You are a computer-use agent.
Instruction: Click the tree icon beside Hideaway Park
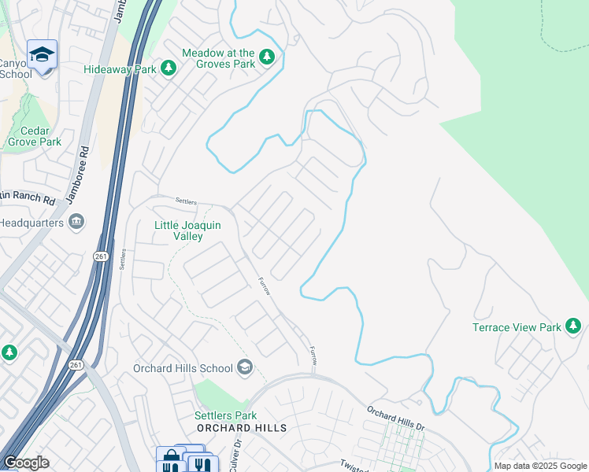click(x=168, y=69)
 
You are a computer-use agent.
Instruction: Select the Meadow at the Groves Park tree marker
click(x=267, y=57)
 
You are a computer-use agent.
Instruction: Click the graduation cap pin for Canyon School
click(x=41, y=54)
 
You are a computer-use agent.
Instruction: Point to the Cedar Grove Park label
click(x=35, y=136)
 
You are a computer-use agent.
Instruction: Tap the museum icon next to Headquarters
click(x=76, y=222)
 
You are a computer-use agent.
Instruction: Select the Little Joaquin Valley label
click(x=188, y=230)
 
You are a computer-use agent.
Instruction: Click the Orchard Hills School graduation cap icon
click(x=245, y=367)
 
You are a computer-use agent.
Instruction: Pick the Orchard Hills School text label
click(x=183, y=368)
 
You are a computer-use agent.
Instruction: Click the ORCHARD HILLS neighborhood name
click(x=241, y=428)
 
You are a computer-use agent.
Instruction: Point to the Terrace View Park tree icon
click(x=573, y=326)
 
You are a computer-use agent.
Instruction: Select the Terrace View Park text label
click(x=517, y=327)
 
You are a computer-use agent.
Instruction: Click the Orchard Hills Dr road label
click(x=395, y=417)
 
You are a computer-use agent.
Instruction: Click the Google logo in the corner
click(x=26, y=463)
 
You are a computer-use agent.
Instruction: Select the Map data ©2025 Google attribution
click(x=540, y=466)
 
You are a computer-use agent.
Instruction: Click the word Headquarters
click(x=31, y=222)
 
